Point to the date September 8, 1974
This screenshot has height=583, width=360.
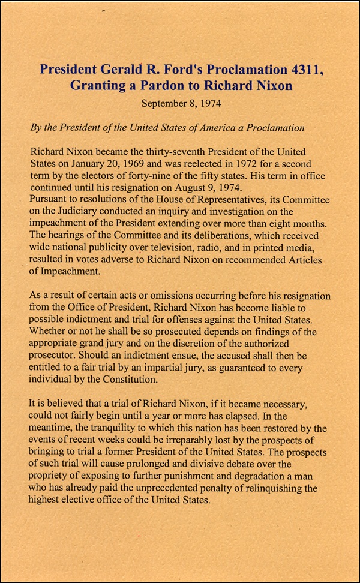[x=181, y=103]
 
